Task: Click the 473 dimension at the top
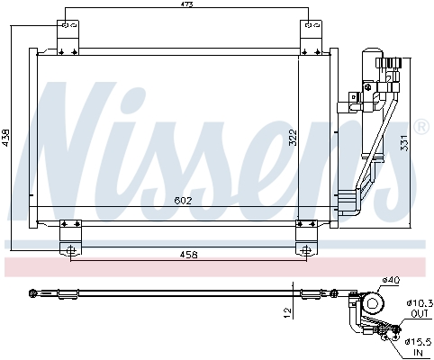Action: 186,4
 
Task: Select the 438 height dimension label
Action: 6,138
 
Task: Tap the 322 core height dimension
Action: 293,138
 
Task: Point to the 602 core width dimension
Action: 183,201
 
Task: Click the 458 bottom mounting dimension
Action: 189,255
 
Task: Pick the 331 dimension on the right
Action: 405,143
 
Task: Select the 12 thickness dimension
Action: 287,313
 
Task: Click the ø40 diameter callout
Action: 391,280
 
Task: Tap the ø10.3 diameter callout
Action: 420,304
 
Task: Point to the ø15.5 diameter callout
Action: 418,341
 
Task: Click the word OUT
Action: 420,314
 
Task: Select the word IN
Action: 418,353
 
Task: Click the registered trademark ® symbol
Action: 421,127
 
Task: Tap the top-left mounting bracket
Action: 68,38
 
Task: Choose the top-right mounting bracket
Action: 312,38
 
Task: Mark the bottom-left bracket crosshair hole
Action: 71,249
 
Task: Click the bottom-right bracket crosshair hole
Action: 306,249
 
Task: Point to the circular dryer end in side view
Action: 373,304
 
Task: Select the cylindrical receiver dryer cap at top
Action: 373,52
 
